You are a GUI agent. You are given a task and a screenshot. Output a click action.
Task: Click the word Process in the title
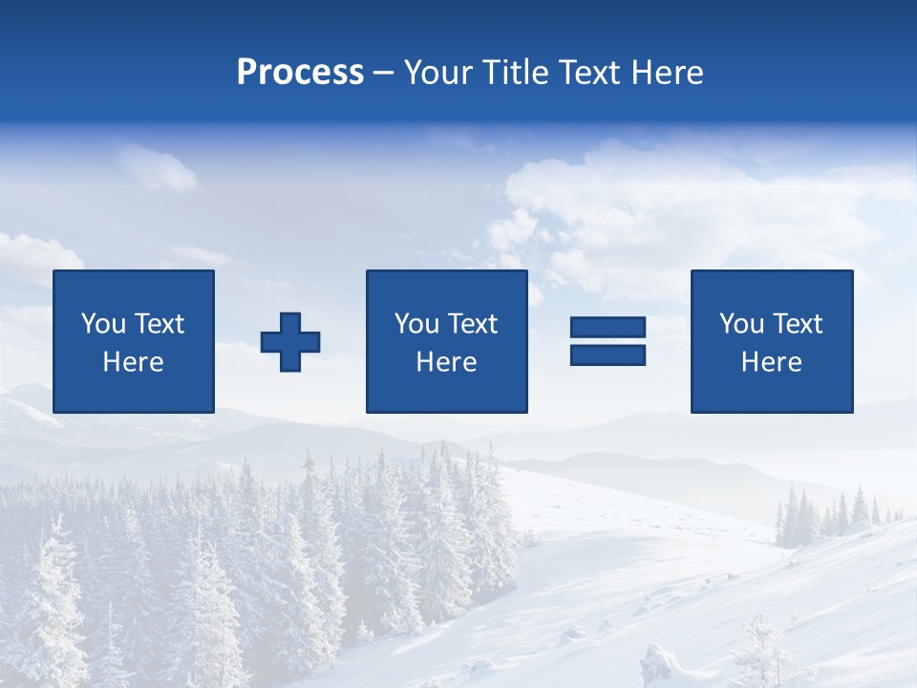tap(300, 73)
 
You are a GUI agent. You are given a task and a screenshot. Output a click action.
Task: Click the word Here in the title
tap(668, 73)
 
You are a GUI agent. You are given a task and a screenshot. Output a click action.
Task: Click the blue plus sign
tap(290, 341)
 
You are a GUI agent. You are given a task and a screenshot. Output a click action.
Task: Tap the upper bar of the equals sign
tap(608, 327)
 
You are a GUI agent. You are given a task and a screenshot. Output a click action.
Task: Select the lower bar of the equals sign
tap(608, 355)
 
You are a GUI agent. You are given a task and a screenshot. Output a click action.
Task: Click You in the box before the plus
tap(103, 324)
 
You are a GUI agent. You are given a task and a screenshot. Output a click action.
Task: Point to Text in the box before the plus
tap(159, 324)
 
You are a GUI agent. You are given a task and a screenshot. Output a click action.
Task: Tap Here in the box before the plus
tap(133, 362)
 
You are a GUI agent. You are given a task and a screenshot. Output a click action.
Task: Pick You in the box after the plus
tap(416, 324)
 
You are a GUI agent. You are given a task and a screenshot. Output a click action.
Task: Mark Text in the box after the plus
tap(472, 324)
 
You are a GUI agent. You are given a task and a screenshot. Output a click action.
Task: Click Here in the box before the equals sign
tap(446, 362)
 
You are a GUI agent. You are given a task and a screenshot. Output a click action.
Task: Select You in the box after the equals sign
tap(741, 324)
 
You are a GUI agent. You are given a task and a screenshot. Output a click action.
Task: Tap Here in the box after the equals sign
tap(771, 362)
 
